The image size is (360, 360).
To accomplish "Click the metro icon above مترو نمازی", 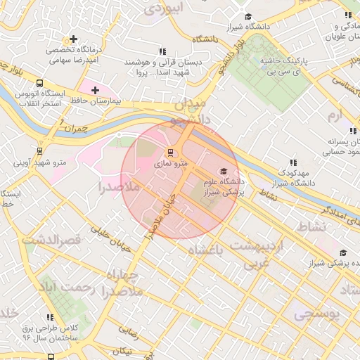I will pos(169,152).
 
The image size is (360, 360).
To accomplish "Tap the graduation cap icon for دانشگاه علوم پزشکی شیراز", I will pos(224,171).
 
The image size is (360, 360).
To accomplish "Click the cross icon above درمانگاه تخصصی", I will pos(73,39).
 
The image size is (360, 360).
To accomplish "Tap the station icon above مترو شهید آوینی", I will pos(39,150).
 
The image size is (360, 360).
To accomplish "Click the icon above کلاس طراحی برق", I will pos(49,318).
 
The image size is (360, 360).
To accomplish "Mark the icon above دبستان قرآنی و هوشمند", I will pos(163,51).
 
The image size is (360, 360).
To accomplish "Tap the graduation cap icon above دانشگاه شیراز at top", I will pos(247,16).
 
